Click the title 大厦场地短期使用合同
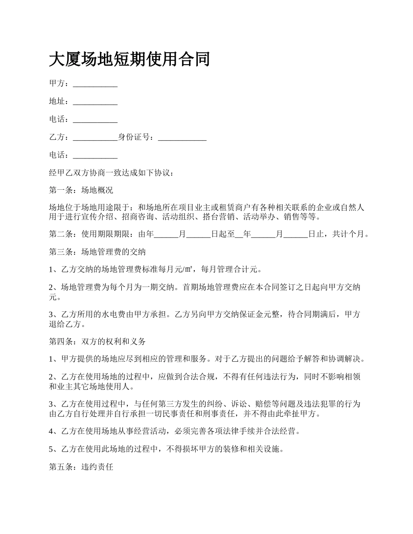click(129, 59)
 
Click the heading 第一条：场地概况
click(81, 191)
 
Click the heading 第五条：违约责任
click(81, 468)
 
